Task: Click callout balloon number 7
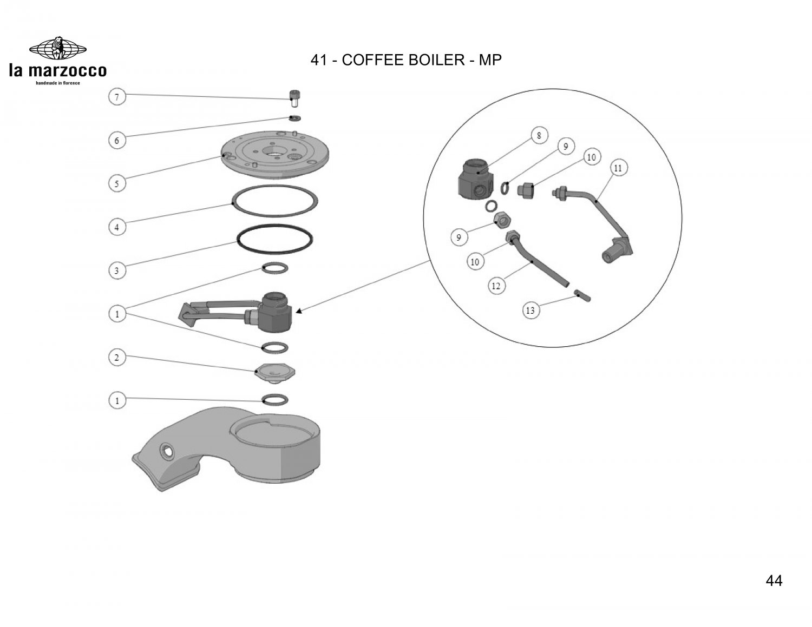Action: tap(116, 97)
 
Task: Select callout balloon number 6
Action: tap(116, 141)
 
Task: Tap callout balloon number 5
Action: tap(116, 184)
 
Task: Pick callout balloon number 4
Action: tap(116, 227)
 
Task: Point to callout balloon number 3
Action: tap(116, 270)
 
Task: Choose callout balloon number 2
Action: tap(116, 357)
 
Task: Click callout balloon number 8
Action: tap(539, 135)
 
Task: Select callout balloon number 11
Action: tap(618, 168)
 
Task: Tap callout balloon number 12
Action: tap(496, 286)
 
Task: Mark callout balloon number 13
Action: tap(531, 310)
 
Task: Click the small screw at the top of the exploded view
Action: tap(294, 99)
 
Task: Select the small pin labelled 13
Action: tap(582, 295)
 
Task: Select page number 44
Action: tap(774, 581)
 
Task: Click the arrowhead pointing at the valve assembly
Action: tap(298, 311)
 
